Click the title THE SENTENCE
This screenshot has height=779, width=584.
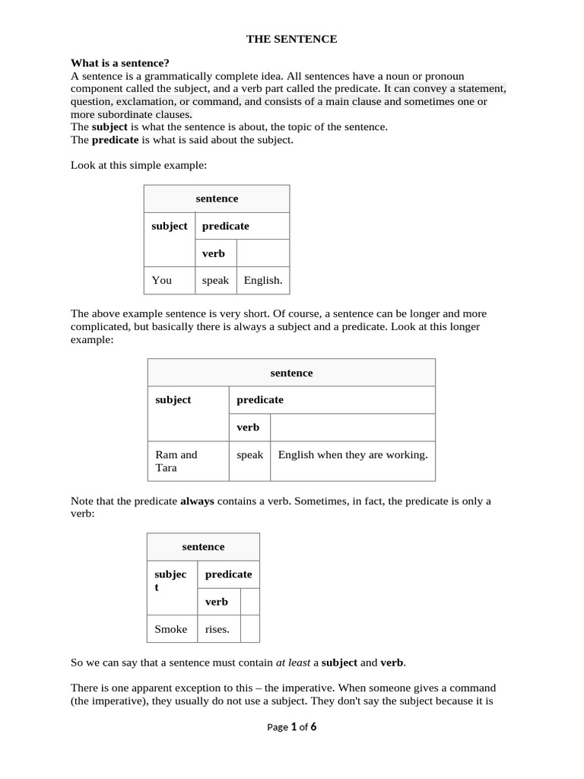pyautogui.click(x=291, y=39)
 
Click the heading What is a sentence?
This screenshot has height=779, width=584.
pyautogui.click(x=119, y=63)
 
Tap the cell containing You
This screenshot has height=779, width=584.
pyautogui.click(x=170, y=280)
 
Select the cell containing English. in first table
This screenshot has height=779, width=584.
pyautogui.click(x=263, y=280)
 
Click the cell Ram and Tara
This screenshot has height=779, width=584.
pyautogui.click(x=188, y=461)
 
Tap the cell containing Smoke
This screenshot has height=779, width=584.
pyautogui.click(x=171, y=629)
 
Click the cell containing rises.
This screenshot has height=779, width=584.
pyautogui.click(x=217, y=629)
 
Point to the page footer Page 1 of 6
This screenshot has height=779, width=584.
pyautogui.click(x=291, y=727)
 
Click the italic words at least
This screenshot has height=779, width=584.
pyautogui.click(x=293, y=663)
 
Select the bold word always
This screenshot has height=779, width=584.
pyautogui.click(x=197, y=501)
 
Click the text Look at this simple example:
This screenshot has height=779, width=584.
pyautogui.click(x=138, y=164)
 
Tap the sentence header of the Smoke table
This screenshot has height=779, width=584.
pyautogui.click(x=203, y=547)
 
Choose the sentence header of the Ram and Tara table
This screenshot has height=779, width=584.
pyautogui.click(x=291, y=373)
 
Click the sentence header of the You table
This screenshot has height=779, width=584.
pyautogui.click(x=217, y=199)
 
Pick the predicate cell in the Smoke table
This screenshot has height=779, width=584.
pyautogui.click(x=228, y=574)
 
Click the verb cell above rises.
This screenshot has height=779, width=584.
pyautogui.click(x=217, y=602)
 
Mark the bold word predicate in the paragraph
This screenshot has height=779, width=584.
pyautogui.click(x=116, y=140)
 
